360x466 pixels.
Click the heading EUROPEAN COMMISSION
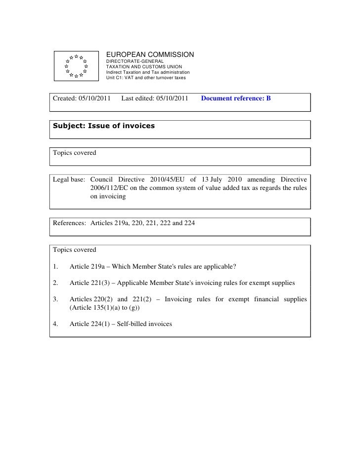(x=150, y=54)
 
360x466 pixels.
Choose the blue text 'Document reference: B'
(x=236, y=98)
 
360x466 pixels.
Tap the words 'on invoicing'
(x=108, y=196)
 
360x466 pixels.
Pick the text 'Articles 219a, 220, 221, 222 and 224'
(x=142, y=223)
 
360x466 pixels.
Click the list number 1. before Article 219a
(x=55, y=267)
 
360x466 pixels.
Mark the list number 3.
(x=55, y=299)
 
